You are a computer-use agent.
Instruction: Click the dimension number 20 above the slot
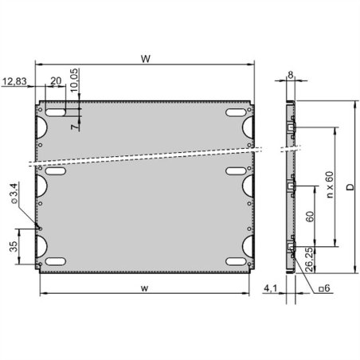tap(56, 81)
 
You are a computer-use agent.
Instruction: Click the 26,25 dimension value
tap(309, 260)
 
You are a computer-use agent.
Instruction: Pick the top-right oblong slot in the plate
tap(237, 112)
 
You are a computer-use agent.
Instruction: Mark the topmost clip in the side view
tap(292, 127)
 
